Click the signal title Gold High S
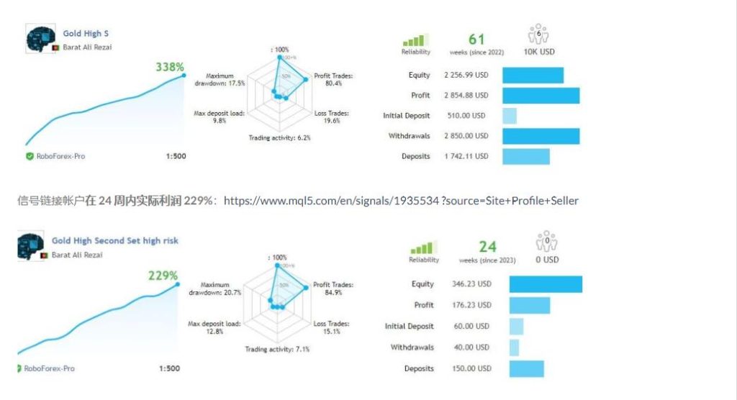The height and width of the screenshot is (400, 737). (86, 33)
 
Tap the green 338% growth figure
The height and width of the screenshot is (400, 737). (170, 67)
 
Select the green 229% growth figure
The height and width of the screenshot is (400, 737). (163, 276)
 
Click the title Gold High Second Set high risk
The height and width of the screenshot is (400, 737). (115, 241)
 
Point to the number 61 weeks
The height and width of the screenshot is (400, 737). (476, 40)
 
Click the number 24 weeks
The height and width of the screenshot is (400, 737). (487, 247)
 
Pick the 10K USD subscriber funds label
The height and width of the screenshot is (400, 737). (539, 52)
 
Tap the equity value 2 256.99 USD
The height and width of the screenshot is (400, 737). (466, 75)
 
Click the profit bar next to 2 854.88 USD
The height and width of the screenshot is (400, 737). (541, 95)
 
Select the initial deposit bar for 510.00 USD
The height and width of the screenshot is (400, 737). (510, 116)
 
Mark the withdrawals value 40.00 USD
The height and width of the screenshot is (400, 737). (471, 347)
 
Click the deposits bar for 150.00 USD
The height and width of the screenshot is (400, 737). (528, 368)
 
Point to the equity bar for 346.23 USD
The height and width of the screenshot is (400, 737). (546, 284)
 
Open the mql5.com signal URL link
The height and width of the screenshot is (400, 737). (401, 201)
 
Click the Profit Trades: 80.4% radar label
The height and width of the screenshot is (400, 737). (334, 79)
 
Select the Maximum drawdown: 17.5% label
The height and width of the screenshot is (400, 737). (220, 79)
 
